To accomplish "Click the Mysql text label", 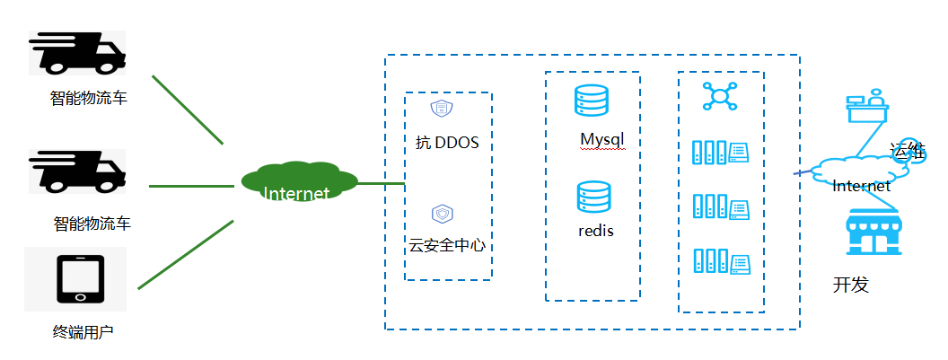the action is coord(601,140).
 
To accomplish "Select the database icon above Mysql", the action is coord(592,101).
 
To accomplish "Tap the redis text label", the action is coord(595,231).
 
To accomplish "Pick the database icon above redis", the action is coord(593,197).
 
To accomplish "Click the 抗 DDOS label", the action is coord(447,143).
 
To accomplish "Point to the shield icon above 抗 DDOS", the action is coord(442,109).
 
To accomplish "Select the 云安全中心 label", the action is coord(447,246).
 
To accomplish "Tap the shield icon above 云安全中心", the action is coord(442,214).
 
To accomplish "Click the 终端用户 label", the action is coord(83,332).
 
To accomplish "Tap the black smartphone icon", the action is coord(81,279).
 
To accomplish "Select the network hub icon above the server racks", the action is coord(720,95).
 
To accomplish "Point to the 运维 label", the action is coord(908,150).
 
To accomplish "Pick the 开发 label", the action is coord(851,285).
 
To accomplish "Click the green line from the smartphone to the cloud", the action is coord(186,255).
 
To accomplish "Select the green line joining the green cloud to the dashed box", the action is coord(382,183).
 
